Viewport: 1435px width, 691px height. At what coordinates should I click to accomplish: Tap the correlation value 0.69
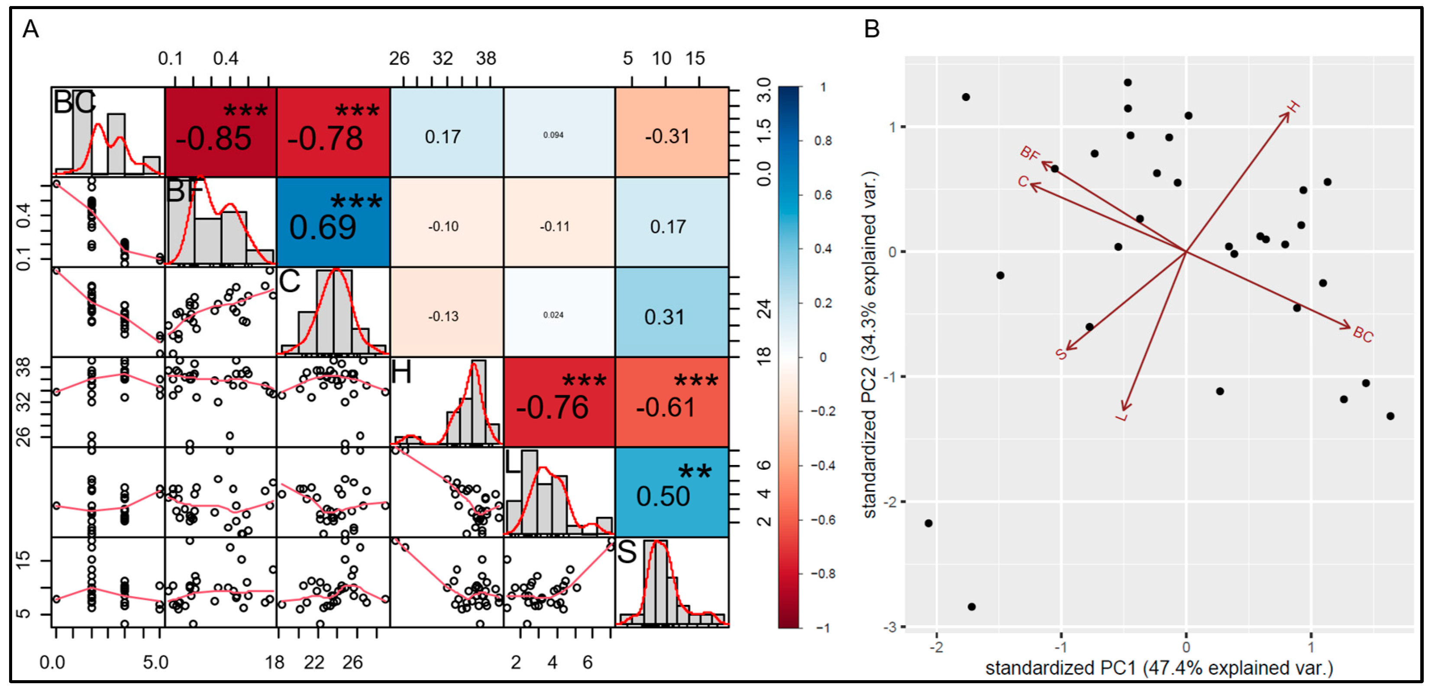[323, 228]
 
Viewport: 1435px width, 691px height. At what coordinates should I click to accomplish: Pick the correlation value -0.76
[552, 408]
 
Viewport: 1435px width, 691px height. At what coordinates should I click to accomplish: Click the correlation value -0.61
[666, 408]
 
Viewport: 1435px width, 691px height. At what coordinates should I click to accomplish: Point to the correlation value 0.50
[663, 497]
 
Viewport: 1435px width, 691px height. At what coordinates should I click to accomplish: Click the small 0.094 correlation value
[553, 136]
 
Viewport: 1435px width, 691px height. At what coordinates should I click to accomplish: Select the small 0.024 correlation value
[553, 315]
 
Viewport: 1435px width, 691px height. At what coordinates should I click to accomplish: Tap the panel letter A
[31, 29]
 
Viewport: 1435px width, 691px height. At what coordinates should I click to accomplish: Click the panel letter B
[871, 29]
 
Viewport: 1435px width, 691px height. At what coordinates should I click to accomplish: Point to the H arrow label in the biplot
[1293, 107]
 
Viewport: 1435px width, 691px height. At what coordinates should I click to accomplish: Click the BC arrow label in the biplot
[1363, 334]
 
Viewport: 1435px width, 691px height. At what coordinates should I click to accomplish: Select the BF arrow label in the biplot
[1029, 153]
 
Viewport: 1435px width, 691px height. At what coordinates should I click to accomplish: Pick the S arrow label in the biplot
[1061, 354]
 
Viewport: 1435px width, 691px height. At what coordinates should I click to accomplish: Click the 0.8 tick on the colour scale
[823, 141]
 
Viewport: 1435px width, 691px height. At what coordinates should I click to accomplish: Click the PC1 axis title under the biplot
[1159, 668]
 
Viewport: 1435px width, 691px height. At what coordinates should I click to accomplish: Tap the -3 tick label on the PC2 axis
[890, 627]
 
